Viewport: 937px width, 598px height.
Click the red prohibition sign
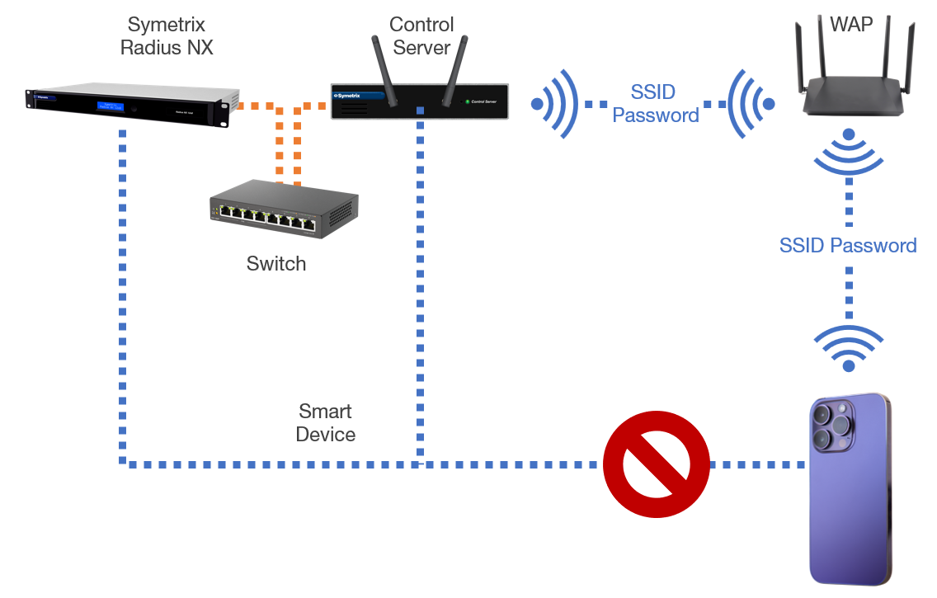[x=657, y=464]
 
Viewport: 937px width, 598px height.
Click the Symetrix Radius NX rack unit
[x=125, y=105]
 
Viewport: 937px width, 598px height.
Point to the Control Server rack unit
[x=419, y=101]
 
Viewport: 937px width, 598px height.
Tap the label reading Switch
[x=275, y=264]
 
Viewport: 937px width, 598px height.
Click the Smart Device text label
[x=325, y=423]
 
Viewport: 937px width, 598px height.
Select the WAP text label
[x=850, y=24]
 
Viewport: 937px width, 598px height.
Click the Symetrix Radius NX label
[x=167, y=36]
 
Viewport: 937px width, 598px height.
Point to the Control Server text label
[x=421, y=36]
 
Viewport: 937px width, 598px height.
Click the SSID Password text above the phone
[x=848, y=246]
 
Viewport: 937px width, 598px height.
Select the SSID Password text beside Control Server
[x=656, y=103]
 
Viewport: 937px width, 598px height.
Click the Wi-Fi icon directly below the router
[x=849, y=153]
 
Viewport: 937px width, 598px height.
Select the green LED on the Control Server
[x=468, y=101]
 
